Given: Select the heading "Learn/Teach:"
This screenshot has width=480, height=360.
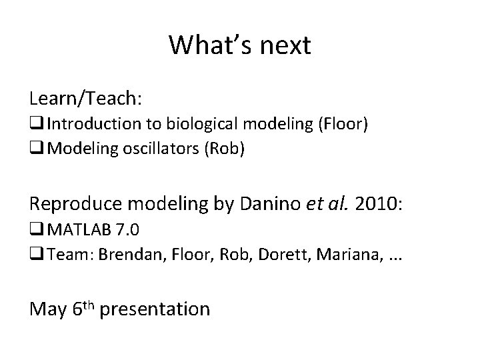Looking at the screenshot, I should (x=85, y=99).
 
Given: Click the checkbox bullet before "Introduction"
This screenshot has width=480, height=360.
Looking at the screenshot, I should (x=37, y=124).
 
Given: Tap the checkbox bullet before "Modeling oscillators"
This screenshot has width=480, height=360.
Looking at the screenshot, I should (x=37, y=149).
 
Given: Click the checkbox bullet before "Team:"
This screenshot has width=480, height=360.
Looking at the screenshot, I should (x=37, y=253).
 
